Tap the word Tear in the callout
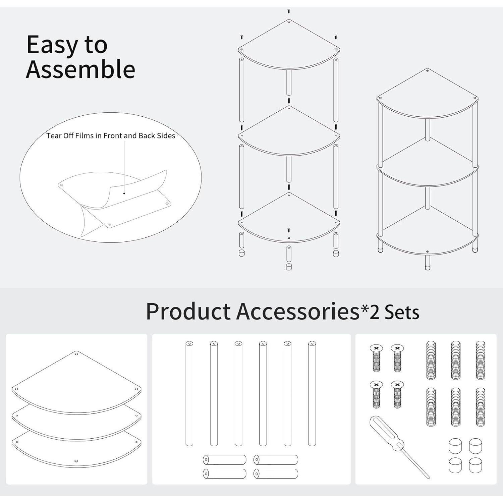[53, 135]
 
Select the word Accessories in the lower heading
[298, 311]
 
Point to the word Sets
[402, 312]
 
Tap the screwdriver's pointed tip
[430, 479]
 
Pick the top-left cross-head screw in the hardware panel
[376, 358]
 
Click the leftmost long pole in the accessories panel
[189, 394]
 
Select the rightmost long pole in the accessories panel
[312, 394]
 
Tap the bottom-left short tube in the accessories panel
[224, 473]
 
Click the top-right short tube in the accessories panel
[276, 460]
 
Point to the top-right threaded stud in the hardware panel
[481, 360]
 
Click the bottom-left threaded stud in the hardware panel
[431, 407]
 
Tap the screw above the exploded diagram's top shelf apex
[289, 11]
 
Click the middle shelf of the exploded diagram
[289, 132]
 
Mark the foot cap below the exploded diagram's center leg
[289, 267]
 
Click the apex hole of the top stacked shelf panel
[76, 354]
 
